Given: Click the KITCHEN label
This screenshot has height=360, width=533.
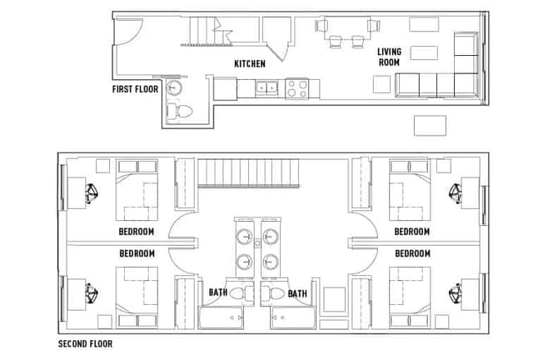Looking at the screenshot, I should (250, 63).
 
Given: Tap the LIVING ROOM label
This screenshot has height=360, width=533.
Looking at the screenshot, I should (388, 57).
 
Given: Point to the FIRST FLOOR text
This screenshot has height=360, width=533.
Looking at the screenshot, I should (137, 88).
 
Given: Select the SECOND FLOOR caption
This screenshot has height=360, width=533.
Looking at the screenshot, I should (85, 343).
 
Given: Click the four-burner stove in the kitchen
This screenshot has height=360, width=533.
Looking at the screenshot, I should (297, 87).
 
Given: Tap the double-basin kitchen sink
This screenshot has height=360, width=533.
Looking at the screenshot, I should (266, 87).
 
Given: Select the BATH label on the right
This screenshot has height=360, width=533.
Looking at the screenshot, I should (297, 293).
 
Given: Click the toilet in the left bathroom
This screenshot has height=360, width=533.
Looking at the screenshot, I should (241, 293).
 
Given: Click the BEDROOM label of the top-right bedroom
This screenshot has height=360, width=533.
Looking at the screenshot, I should (411, 232).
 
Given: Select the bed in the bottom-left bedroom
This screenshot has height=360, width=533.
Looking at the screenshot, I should (137, 288).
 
